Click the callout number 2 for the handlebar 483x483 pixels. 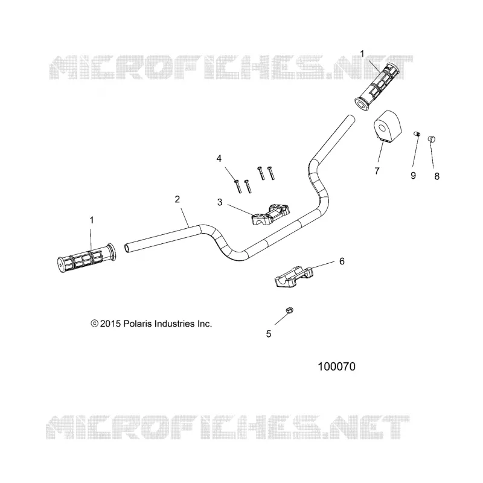[177, 199]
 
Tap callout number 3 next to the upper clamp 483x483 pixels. [220, 202]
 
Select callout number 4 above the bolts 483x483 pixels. [219, 159]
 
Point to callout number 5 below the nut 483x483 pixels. [269, 334]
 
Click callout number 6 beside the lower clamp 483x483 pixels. [342, 261]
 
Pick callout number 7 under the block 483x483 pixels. [377, 171]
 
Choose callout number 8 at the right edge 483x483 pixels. [437, 176]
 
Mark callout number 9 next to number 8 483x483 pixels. [414, 176]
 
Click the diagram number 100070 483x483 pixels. [336, 366]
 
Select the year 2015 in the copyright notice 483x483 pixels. [110, 324]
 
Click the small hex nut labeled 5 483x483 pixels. [289, 310]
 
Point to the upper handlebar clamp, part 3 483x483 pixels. [271, 214]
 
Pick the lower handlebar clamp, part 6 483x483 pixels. [294, 277]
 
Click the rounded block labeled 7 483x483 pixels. [388, 127]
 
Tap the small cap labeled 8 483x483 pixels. [432, 139]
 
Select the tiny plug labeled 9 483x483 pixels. [417, 133]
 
